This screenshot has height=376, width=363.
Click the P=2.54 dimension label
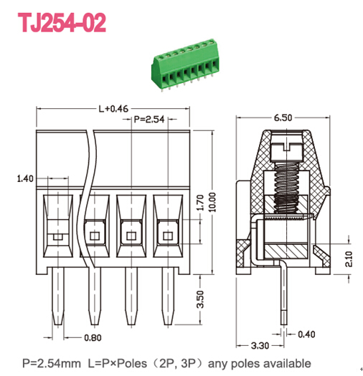tap(150, 118)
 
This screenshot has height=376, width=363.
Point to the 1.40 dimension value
tap(24, 178)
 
